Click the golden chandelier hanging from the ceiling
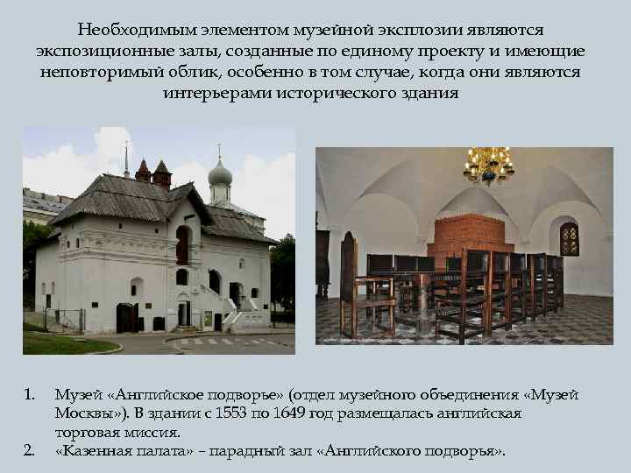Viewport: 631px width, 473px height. coord(488,165)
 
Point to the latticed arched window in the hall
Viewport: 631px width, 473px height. coord(569,238)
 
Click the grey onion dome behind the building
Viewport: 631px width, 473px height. coord(220,173)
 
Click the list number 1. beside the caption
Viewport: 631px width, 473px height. coord(29,396)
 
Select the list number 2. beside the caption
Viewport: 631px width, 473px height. coord(29,451)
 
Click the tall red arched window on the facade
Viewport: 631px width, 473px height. coord(182,244)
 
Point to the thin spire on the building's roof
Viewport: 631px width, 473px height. coord(126,159)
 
